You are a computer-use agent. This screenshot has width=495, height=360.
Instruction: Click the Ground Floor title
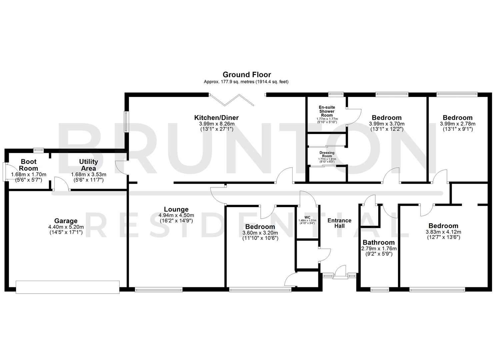point(247,75)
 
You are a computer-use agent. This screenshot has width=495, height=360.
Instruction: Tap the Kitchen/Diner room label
point(216,118)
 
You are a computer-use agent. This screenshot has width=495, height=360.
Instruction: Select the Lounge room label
point(176,210)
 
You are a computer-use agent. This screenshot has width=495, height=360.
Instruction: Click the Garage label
point(66,221)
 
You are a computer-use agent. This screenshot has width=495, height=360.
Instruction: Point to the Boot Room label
point(29,165)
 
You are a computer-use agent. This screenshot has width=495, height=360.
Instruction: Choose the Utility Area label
point(88,165)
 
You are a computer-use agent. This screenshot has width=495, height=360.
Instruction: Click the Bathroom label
point(379,243)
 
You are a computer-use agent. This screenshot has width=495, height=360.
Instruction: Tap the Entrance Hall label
point(339,223)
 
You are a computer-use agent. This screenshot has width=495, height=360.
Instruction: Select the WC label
point(307,217)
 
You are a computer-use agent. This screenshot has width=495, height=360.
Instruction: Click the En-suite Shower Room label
point(327,111)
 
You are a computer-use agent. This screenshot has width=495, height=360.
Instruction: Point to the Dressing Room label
point(327,154)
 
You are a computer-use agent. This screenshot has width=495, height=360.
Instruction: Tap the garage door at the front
point(67,287)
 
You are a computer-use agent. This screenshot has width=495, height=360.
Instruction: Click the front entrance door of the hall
point(340,271)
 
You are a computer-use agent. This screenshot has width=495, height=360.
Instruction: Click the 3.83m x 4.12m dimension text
point(443,232)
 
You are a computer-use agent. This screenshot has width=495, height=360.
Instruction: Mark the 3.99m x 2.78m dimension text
point(457,124)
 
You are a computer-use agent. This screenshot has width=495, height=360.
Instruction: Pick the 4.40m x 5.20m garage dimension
point(66,227)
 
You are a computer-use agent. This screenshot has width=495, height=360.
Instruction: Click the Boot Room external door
point(5,172)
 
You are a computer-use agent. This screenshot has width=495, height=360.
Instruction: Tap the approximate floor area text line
point(246,82)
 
